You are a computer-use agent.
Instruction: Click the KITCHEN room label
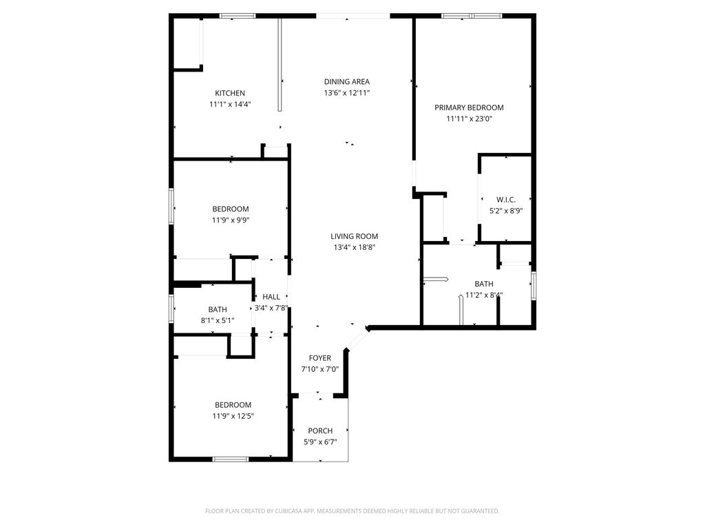230,94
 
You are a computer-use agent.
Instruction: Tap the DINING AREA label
347,82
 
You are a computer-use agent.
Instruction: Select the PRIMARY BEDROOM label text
469,107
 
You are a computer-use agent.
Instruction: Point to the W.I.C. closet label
506,200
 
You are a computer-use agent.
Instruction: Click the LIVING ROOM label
354,236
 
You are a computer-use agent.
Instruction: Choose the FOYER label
319,358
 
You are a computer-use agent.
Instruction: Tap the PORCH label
320,431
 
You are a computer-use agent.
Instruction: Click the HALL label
271,297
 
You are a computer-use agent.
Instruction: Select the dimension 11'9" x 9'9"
231,220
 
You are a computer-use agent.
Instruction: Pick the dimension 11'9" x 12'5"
232,416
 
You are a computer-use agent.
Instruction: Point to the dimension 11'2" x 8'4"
483,295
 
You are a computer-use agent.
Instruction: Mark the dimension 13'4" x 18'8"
354,247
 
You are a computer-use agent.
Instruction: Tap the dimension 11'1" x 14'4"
230,105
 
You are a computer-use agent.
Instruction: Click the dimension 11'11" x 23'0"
469,118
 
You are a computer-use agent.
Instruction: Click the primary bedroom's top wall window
472,15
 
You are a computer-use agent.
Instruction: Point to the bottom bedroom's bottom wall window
231,459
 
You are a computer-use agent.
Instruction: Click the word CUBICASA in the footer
284,511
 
